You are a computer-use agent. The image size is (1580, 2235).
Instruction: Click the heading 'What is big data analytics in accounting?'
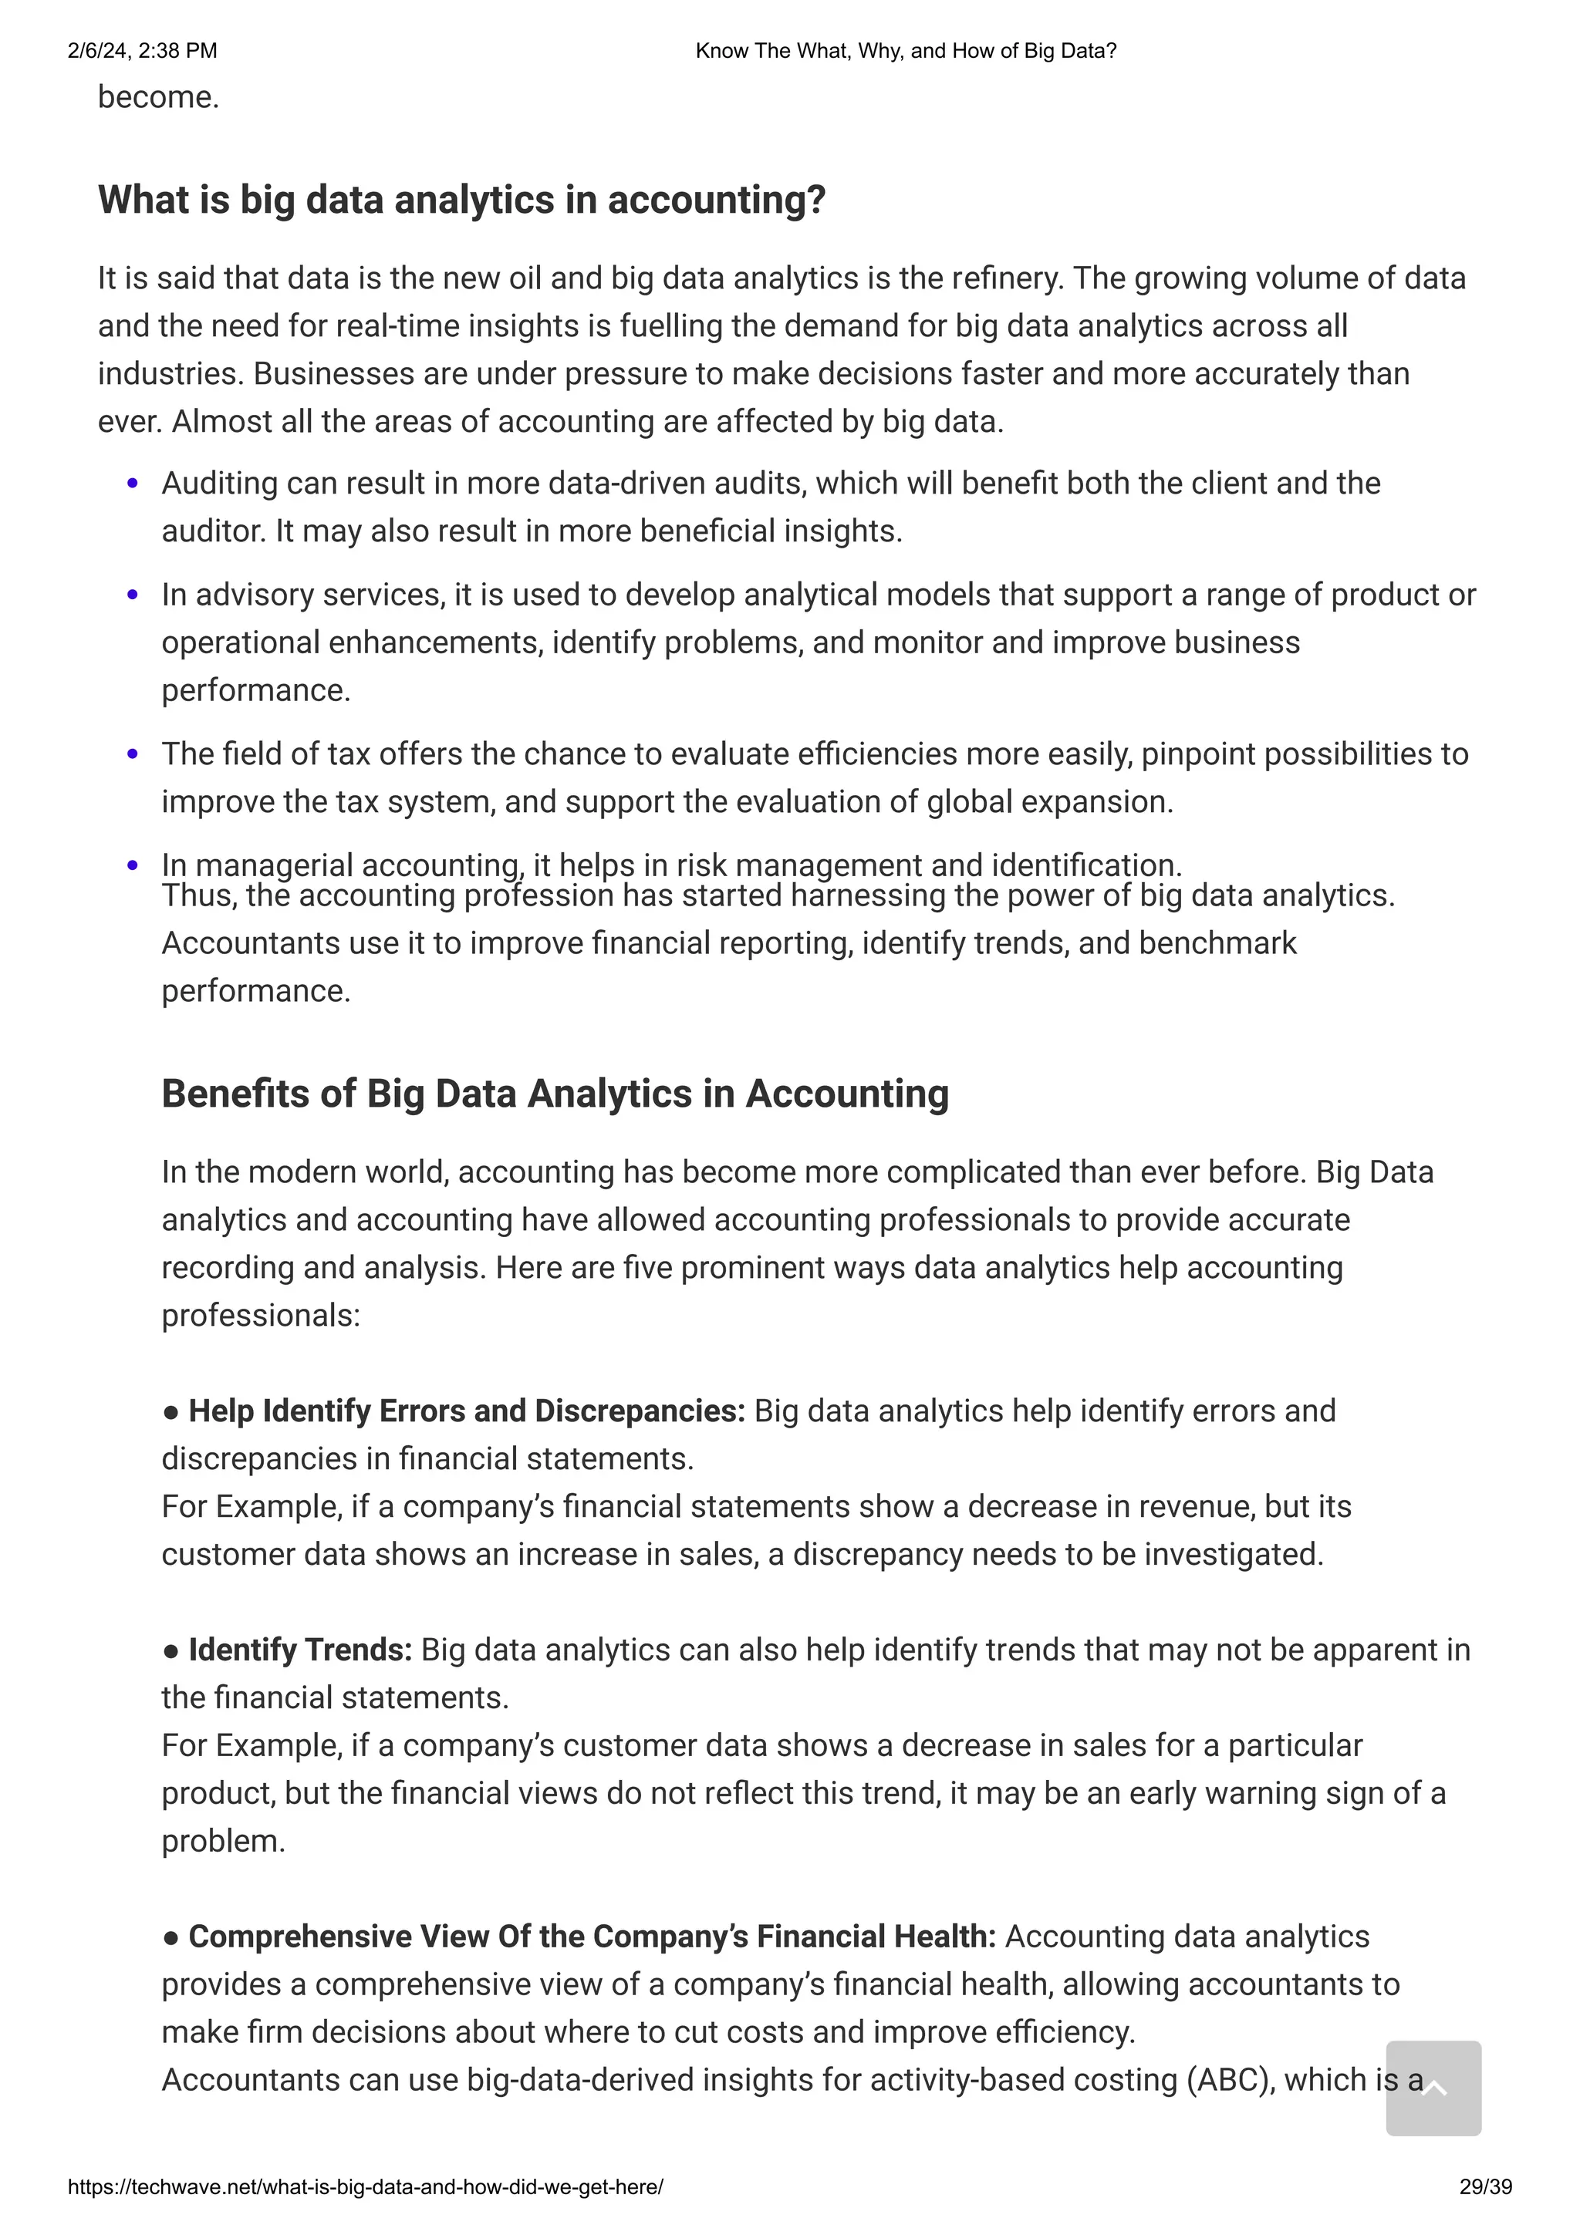461,201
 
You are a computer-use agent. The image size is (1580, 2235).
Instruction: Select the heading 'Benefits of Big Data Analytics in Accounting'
555,1094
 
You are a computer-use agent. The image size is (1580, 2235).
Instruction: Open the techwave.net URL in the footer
365,2187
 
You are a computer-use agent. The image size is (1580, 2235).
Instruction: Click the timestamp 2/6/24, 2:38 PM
142,51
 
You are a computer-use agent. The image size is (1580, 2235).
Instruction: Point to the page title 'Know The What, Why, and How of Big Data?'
906,51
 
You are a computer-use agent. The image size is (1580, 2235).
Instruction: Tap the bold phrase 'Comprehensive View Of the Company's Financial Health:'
592,1937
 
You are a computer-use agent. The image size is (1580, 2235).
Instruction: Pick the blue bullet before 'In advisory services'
133,595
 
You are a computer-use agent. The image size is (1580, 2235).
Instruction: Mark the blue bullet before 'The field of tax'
133,754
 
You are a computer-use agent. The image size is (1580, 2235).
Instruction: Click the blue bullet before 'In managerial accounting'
133,865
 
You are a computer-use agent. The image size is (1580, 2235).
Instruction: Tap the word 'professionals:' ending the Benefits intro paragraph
261,1316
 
